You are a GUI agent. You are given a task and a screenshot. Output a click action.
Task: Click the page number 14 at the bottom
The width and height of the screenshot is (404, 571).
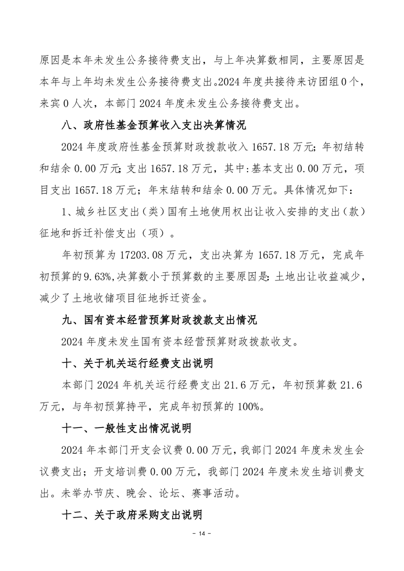[202, 533]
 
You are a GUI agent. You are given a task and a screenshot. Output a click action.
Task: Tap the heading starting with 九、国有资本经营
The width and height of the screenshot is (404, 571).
[158, 320]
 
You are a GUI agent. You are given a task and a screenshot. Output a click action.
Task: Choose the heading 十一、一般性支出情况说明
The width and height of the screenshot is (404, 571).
[125, 429]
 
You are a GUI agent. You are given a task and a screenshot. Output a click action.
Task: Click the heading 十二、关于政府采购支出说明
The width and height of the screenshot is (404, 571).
[131, 515]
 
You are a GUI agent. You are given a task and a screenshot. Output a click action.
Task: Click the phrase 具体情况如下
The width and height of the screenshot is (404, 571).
[311, 190]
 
